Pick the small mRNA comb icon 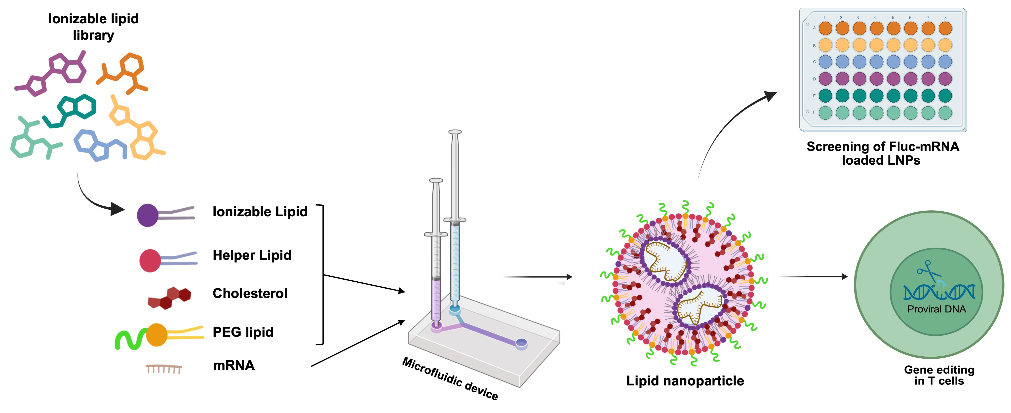[164, 369]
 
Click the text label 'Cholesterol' [250, 293]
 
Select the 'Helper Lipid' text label [252, 255]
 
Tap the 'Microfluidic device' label [450, 378]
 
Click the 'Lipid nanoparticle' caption [685, 380]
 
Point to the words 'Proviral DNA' [936, 309]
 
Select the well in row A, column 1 [825, 28]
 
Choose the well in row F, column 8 [945, 113]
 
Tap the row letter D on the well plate [814, 79]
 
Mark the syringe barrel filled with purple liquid [436, 298]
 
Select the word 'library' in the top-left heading [93, 35]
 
